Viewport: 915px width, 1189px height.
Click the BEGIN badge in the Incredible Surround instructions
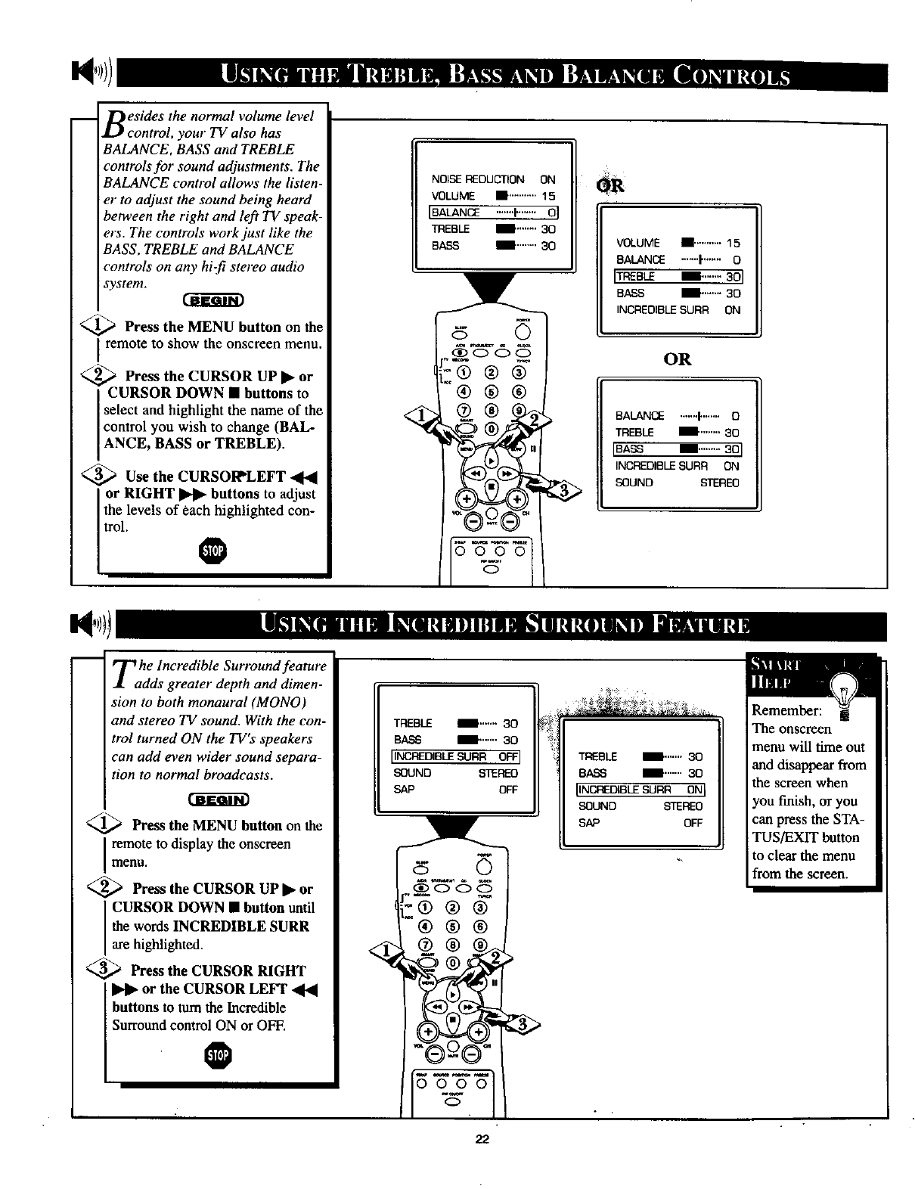[x=218, y=800]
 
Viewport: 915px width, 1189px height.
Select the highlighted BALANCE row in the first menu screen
[x=493, y=213]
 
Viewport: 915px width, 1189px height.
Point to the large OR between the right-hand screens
[x=677, y=359]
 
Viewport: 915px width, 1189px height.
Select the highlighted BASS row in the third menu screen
[x=678, y=449]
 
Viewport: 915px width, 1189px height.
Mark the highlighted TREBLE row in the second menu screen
[x=678, y=276]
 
